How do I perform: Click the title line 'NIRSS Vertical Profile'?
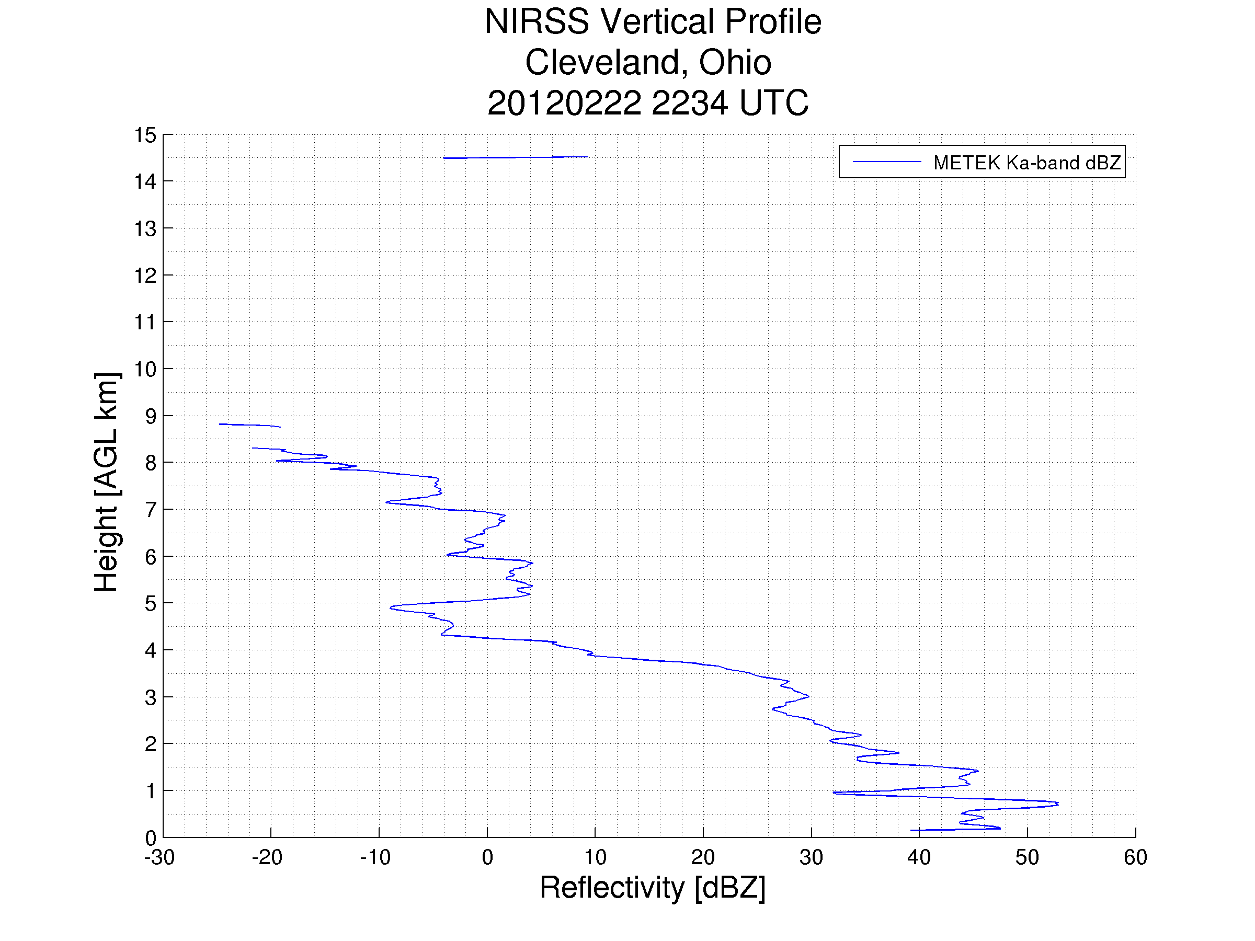pyautogui.click(x=653, y=21)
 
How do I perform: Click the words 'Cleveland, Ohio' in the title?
pyautogui.click(x=648, y=62)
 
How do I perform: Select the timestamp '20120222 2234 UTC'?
pyautogui.click(x=648, y=102)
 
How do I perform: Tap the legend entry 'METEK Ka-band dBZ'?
pyautogui.click(x=1027, y=163)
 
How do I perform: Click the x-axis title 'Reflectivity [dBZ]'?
pyautogui.click(x=653, y=887)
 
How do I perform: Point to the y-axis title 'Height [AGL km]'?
pyautogui.click(x=106, y=482)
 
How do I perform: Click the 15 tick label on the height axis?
pyautogui.click(x=145, y=135)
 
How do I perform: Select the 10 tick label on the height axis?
pyautogui.click(x=145, y=369)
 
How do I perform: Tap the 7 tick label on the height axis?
pyautogui.click(x=151, y=510)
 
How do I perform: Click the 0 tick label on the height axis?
pyautogui.click(x=151, y=838)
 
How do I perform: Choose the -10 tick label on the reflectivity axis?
pyautogui.click(x=375, y=857)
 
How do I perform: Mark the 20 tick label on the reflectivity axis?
pyautogui.click(x=703, y=857)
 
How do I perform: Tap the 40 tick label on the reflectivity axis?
pyautogui.click(x=919, y=857)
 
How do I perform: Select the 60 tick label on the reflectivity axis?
pyautogui.click(x=1135, y=857)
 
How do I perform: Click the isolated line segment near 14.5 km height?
pyautogui.click(x=515, y=157)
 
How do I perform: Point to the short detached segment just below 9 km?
pyautogui.click(x=249, y=425)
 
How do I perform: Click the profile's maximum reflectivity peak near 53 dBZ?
pyautogui.click(x=1057, y=804)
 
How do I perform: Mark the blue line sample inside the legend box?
pyautogui.click(x=887, y=162)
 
